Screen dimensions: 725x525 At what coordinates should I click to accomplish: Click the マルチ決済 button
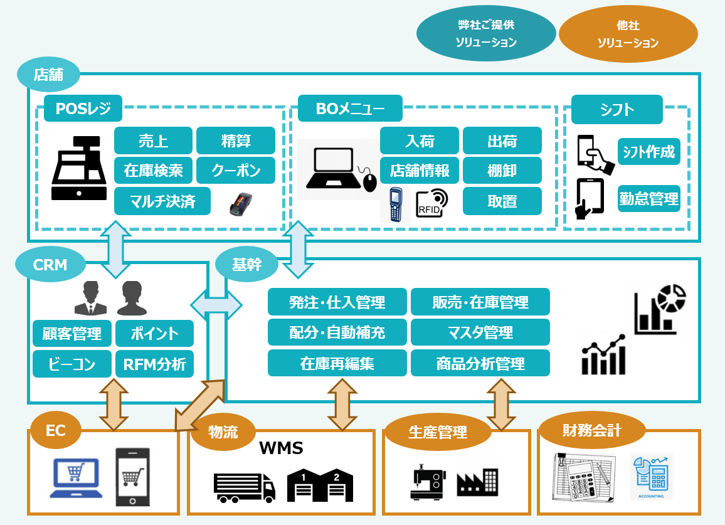coord(162,201)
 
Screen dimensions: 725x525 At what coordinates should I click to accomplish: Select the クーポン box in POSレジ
coord(236,171)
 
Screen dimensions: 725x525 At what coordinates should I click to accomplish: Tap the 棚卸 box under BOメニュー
coord(502,171)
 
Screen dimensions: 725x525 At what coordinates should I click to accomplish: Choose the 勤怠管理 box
coord(648,198)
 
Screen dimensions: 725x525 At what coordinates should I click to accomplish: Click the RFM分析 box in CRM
coord(154,364)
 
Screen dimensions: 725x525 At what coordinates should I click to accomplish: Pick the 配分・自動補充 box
coord(337,332)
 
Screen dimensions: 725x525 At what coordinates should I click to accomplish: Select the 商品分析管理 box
coord(480,363)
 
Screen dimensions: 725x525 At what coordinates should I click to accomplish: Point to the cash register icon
coord(78,168)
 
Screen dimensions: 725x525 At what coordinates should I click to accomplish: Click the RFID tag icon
coord(432,203)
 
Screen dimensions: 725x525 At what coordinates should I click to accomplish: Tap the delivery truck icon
coord(244,487)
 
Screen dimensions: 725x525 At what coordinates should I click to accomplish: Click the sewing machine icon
coord(428,482)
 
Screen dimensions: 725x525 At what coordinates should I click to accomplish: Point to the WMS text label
coord(281,448)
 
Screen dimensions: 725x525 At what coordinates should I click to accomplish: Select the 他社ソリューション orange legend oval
coord(628,34)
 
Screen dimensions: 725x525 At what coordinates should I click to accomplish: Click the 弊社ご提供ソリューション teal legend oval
coord(486,33)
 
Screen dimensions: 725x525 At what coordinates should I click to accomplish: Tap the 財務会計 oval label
coord(592,430)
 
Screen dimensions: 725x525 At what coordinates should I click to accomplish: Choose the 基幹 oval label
coord(247,264)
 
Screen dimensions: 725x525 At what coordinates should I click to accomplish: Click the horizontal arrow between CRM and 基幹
coord(216,305)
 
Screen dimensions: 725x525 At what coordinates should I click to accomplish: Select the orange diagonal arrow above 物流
coord(199,405)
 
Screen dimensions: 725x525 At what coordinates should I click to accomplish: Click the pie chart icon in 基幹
coord(672,297)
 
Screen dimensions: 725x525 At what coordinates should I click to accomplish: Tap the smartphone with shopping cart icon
coord(133,477)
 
